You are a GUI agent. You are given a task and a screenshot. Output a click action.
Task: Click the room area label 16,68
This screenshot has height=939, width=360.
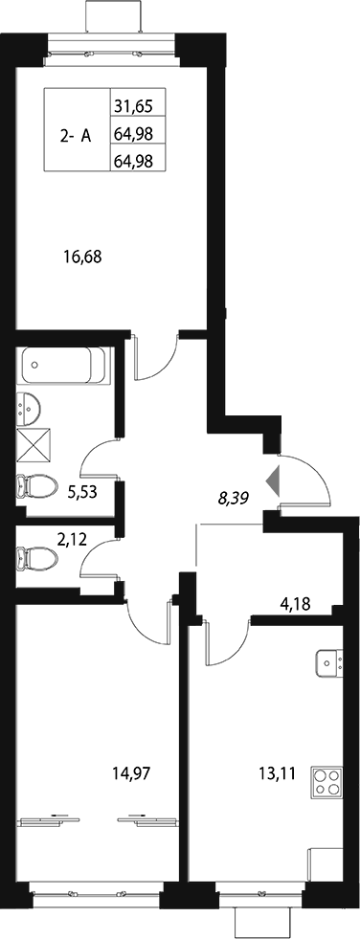[81, 256]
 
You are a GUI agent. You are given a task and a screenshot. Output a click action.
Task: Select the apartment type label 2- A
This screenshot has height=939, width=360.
[76, 135]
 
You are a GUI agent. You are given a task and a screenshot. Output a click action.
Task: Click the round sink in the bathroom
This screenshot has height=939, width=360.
[30, 408]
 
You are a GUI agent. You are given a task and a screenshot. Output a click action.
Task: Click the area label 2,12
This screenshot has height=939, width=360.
[71, 540]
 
